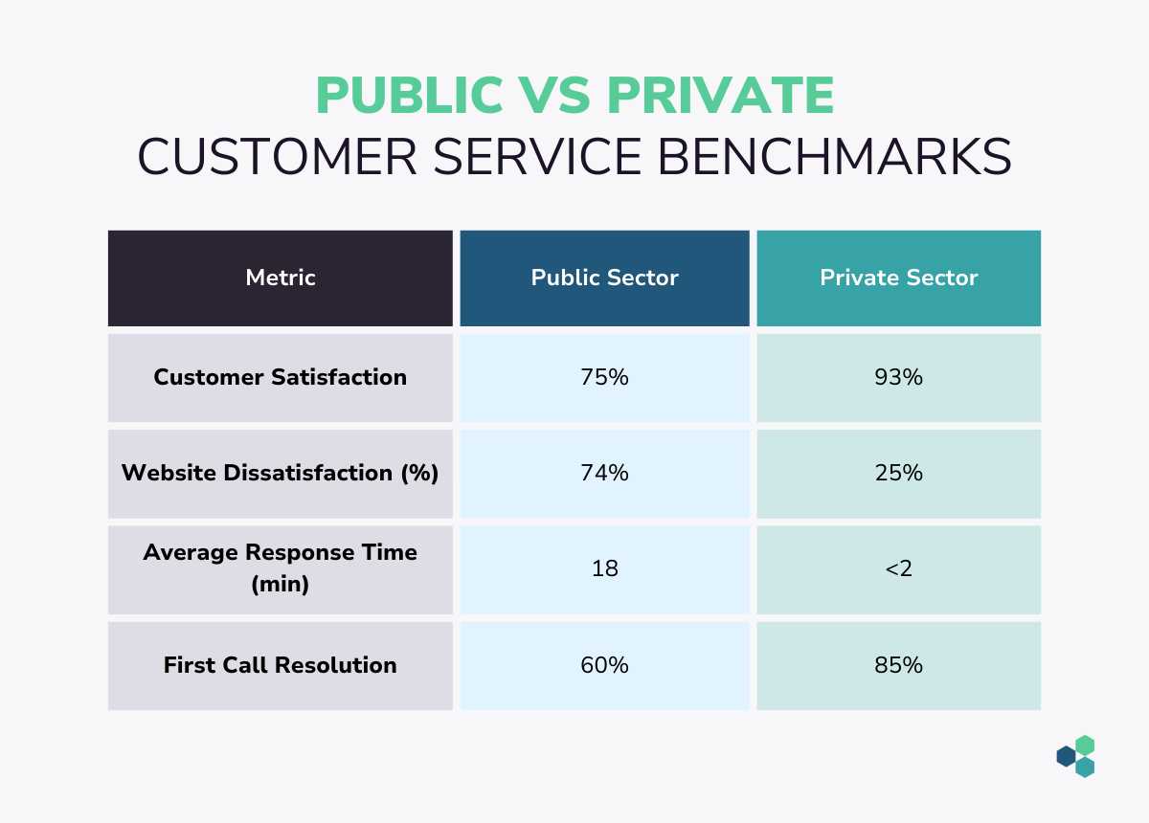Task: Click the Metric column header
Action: [280, 278]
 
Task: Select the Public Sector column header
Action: [604, 278]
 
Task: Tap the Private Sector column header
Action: [899, 278]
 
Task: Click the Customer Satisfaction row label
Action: [280, 377]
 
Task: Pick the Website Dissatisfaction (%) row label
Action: [280, 473]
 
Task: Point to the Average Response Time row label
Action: [280, 568]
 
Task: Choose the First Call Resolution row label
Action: [280, 665]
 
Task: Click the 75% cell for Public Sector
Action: [604, 377]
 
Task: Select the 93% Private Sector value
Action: [899, 377]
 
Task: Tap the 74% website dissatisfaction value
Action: [604, 473]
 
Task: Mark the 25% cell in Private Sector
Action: [899, 473]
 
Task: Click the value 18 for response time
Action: [605, 568]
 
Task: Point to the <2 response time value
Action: [899, 568]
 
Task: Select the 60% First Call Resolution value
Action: [604, 665]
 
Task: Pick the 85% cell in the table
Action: [899, 665]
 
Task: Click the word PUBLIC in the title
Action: [410, 95]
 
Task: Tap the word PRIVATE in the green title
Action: [721, 95]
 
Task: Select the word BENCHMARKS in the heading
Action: [835, 156]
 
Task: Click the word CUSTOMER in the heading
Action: [277, 156]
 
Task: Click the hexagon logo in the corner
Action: [1075, 756]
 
